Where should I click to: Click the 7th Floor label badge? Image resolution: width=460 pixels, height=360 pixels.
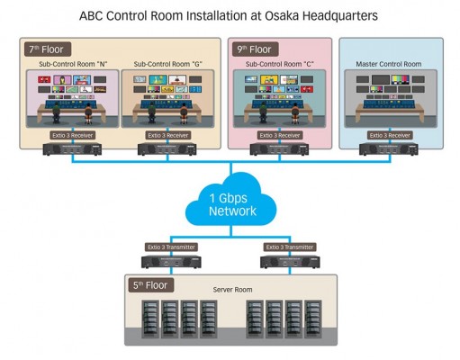pyautogui.click(x=48, y=49)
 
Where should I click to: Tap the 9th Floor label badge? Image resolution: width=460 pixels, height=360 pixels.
pyautogui.click(x=255, y=49)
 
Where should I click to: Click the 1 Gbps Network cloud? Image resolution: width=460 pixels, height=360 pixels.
pyautogui.click(x=231, y=201)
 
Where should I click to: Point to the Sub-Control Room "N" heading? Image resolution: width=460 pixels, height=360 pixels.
pyautogui.click(x=73, y=64)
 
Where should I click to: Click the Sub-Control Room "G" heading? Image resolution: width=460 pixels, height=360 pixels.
pyautogui.click(x=167, y=64)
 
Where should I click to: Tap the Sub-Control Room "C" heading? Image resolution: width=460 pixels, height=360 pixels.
pyautogui.click(x=279, y=64)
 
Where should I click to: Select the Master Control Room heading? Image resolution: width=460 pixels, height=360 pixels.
pyautogui.click(x=389, y=64)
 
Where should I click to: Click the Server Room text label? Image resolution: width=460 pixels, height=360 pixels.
pyautogui.click(x=232, y=290)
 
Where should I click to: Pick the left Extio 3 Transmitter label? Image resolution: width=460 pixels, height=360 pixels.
pyautogui.click(x=171, y=247)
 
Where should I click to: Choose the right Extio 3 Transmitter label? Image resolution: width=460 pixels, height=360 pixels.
pyautogui.click(x=290, y=247)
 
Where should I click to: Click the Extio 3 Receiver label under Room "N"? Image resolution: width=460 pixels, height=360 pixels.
pyautogui.click(x=72, y=135)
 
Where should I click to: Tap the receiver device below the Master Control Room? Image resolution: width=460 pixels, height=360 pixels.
pyautogui.click(x=389, y=149)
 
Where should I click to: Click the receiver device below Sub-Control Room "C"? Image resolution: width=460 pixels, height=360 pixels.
pyautogui.click(x=279, y=149)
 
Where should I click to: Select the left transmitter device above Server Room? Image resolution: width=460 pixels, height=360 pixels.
pyautogui.click(x=171, y=262)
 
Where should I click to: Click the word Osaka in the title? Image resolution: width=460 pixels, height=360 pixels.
pyautogui.click(x=281, y=15)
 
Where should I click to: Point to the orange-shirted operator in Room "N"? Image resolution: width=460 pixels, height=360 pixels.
pyautogui.click(x=88, y=113)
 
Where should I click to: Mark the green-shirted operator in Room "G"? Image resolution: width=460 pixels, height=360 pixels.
pyautogui.click(x=152, y=112)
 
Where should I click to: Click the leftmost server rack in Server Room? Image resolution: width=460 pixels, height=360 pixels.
pyautogui.click(x=150, y=319)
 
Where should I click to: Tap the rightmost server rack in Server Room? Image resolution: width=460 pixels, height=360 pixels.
pyautogui.click(x=313, y=319)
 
